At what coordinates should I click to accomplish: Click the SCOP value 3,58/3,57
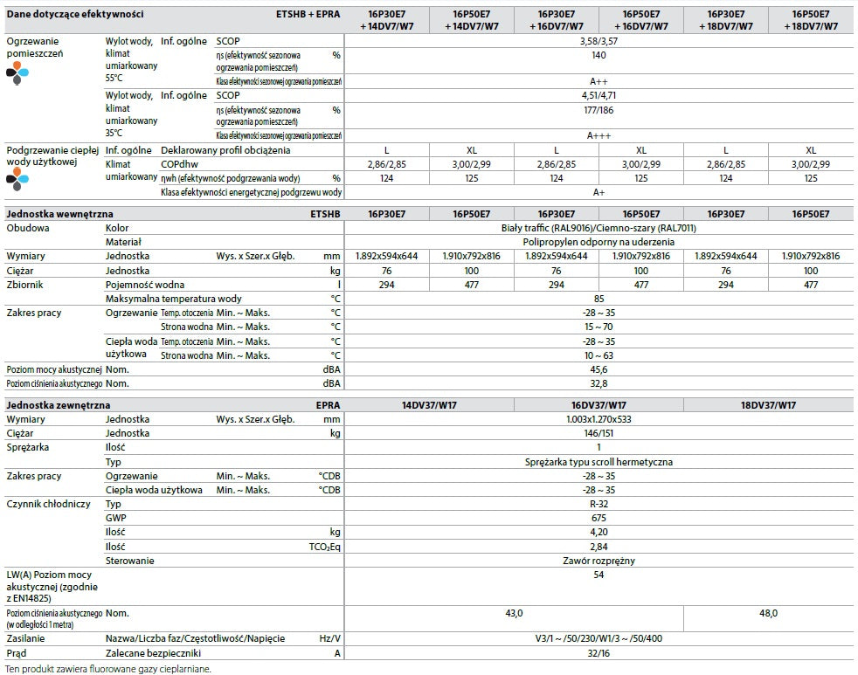tap(599, 40)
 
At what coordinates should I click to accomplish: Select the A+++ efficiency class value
tap(599, 135)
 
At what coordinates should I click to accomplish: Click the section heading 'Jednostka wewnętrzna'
tap(60, 214)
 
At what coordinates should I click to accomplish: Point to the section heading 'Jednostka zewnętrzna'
tap(59, 406)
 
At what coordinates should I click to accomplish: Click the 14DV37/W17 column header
tap(428, 406)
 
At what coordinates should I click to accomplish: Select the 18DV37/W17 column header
tap(769, 406)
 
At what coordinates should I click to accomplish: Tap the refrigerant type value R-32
tap(599, 505)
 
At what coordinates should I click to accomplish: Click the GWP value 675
tap(599, 518)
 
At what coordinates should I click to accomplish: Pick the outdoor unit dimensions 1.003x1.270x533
tap(599, 419)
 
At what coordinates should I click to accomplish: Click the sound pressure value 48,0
tap(769, 614)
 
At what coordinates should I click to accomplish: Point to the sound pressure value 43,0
tap(514, 614)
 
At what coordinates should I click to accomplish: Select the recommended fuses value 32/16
tap(599, 652)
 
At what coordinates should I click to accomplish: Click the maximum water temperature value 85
tap(599, 299)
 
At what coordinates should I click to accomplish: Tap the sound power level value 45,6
tap(599, 369)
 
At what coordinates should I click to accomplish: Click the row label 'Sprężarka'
tap(29, 447)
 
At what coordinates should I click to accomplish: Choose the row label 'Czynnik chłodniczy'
tap(48, 505)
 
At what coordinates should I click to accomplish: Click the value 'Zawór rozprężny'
tap(599, 561)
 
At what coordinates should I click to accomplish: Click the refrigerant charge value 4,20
tap(599, 532)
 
